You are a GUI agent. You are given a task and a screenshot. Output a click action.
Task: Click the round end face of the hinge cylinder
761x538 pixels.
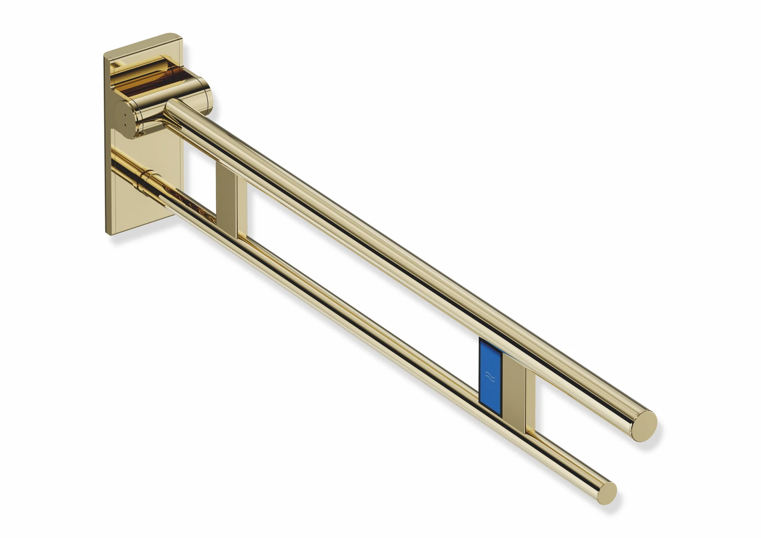[x=124, y=119]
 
